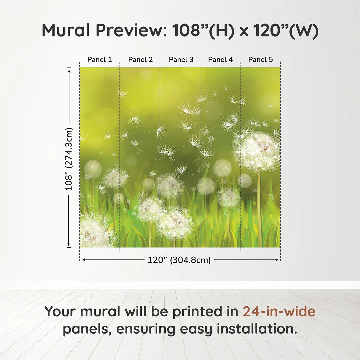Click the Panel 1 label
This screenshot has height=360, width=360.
point(100,60)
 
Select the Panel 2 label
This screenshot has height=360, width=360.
point(140,60)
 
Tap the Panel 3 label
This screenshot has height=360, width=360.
point(181,60)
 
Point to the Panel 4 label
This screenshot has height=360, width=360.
point(220,60)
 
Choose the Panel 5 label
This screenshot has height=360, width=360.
point(260,60)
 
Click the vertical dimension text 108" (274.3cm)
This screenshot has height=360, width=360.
point(69,159)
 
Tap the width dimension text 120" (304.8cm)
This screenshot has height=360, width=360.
point(179,260)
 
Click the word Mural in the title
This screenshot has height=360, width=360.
point(66,30)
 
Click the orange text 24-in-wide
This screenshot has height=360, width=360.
point(279,311)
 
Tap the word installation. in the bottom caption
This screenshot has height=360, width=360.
point(257,329)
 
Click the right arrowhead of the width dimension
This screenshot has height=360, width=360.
point(277,260)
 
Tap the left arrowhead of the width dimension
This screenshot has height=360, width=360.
point(84,260)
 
